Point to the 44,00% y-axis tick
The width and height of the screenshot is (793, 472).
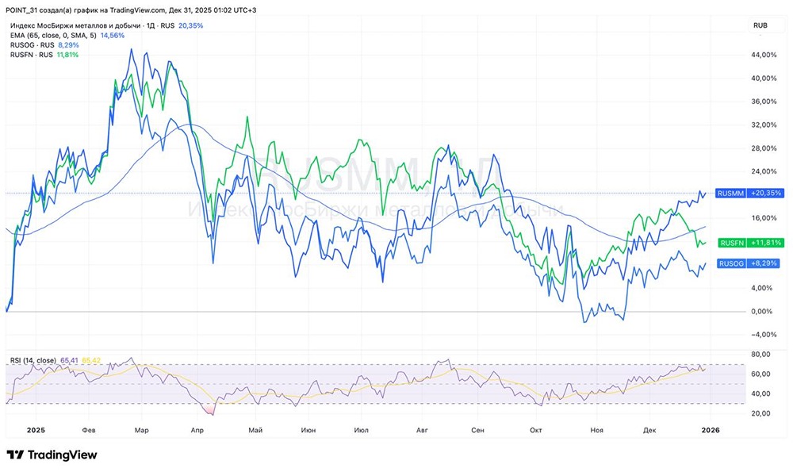pos(762,55)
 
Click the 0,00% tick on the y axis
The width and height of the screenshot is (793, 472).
pos(762,311)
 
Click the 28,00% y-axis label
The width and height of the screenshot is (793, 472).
pos(762,148)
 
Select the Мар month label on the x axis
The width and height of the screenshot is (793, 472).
pos(141,430)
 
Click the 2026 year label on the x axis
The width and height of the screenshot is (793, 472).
pos(710,430)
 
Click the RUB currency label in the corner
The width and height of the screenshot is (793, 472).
pos(760,25)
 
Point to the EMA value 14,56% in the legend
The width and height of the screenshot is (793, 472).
pos(112,36)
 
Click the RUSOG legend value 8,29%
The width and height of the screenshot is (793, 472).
pos(69,45)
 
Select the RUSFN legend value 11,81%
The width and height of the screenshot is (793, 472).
pos(67,55)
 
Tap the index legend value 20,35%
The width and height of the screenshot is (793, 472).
pos(191,25)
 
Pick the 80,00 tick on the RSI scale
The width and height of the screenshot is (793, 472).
pos(762,355)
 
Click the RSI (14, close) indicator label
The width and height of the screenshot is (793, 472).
pos(33,361)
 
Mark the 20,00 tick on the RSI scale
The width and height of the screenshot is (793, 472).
pos(762,413)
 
